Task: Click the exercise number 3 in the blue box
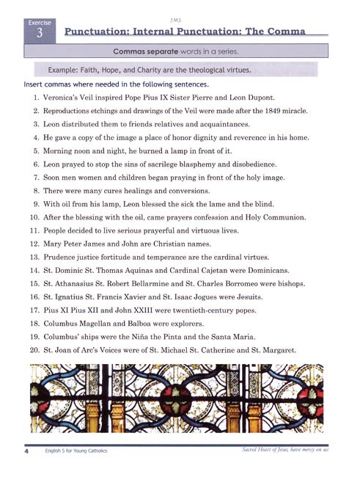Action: pyautogui.click(x=40, y=34)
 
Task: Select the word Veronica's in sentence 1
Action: pyautogui.click(x=61, y=98)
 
